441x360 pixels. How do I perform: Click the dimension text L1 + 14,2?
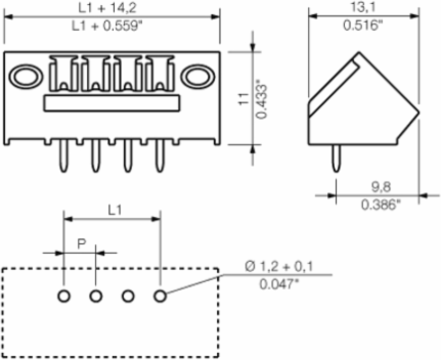[x=107, y=8]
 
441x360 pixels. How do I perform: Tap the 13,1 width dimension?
[x=363, y=8]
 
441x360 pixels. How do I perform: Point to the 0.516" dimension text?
[x=363, y=26]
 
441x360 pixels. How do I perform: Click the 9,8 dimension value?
[x=381, y=187]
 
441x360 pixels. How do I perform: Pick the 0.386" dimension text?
[x=381, y=205]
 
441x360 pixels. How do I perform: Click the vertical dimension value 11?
[x=244, y=99]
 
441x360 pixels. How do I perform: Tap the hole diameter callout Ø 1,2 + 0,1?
[x=279, y=266]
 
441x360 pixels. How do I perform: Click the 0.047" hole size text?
[x=276, y=284]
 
